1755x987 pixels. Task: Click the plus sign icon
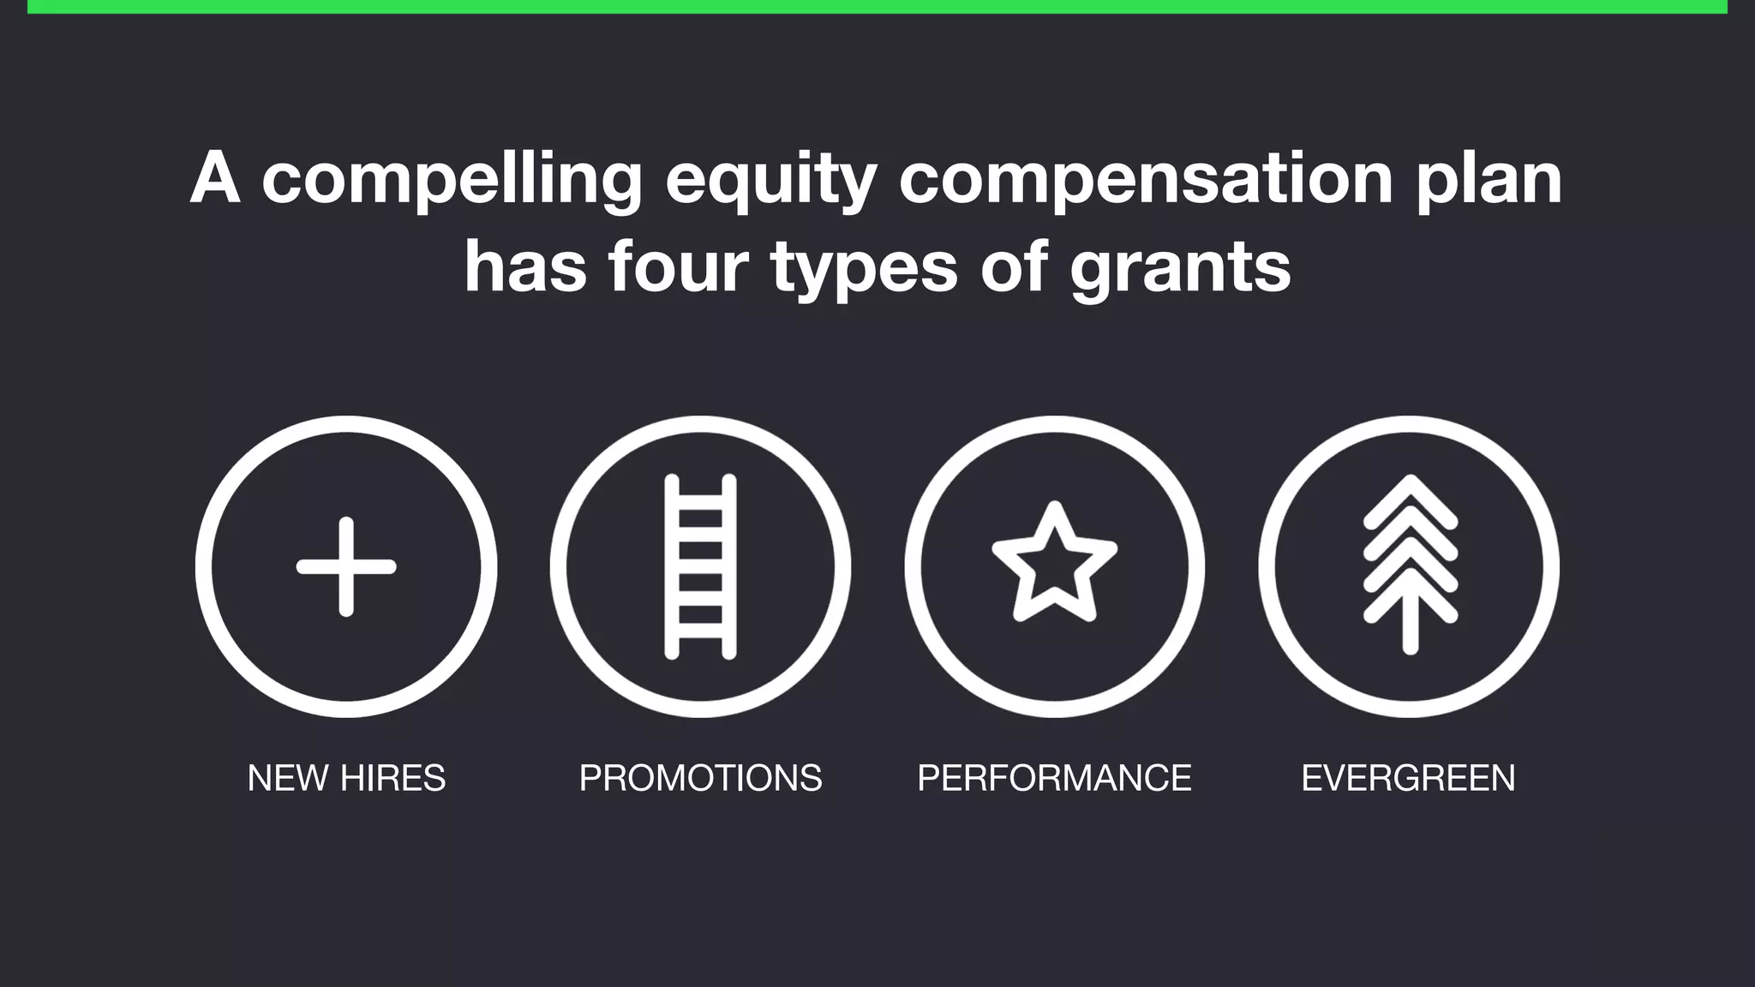click(x=346, y=566)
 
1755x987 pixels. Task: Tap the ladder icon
click(x=700, y=566)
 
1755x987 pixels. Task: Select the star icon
click(x=1054, y=563)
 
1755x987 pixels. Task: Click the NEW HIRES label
click(x=346, y=778)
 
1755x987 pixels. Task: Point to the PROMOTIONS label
click(x=700, y=778)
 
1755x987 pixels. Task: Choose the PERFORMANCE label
click(x=1054, y=778)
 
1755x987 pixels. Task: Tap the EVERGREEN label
click(x=1408, y=778)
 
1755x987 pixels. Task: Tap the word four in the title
click(x=679, y=267)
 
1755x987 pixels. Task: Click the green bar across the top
click(x=877, y=6)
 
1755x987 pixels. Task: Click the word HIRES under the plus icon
click(x=392, y=778)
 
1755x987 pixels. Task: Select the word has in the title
click(x=525, y=267)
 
